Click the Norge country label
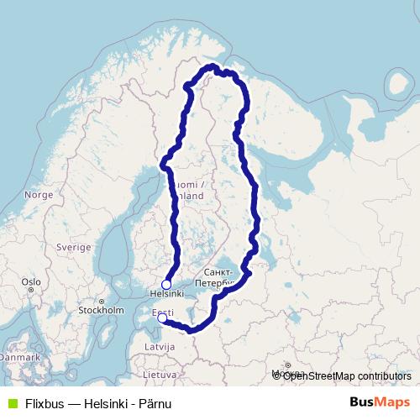(x=39, y=194)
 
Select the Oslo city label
(x=31, y=282)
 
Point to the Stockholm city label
(x=101, y=309)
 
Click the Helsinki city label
(x=166, y=295)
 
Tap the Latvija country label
(x=158, y=345)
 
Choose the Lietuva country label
(x=160, y=374)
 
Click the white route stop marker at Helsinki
(x=166, y=285)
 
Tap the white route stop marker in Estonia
(x=161, y=318)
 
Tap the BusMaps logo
(x=380, y=402)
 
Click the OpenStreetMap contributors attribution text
(x=346, y=375)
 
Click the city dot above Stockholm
(x=101, y=301)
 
